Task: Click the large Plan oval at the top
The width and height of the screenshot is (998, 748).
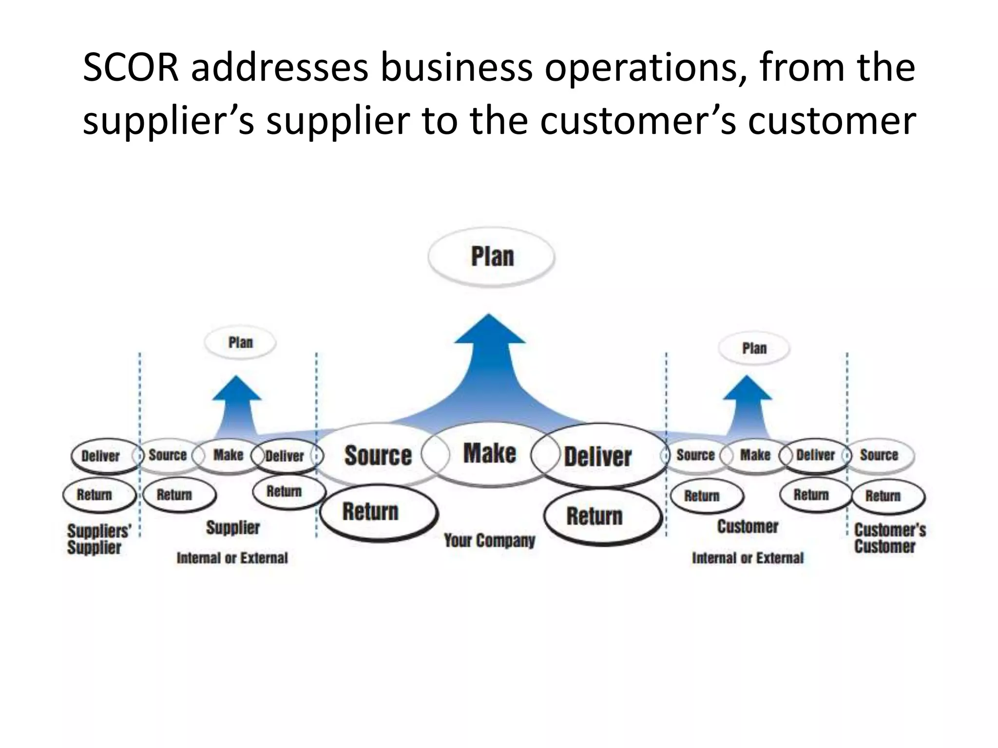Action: (491, 256)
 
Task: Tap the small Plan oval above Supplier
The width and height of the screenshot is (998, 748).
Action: (240, 343)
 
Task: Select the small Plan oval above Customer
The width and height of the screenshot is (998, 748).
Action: (754, 349)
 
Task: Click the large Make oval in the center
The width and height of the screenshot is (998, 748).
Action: (489, 453)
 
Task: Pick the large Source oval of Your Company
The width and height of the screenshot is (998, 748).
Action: (378, 455)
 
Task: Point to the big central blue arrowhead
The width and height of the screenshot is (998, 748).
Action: (489, 331)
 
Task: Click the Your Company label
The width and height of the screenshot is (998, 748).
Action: (489, 541)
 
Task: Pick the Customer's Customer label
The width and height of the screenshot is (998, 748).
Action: (889, 538)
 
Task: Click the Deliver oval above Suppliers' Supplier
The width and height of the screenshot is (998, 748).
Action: (100, 456)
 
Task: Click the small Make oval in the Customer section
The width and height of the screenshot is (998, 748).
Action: (755, 455)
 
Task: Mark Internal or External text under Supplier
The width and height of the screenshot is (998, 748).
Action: (232, 558)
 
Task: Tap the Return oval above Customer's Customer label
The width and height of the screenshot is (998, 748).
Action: (883, 496)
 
